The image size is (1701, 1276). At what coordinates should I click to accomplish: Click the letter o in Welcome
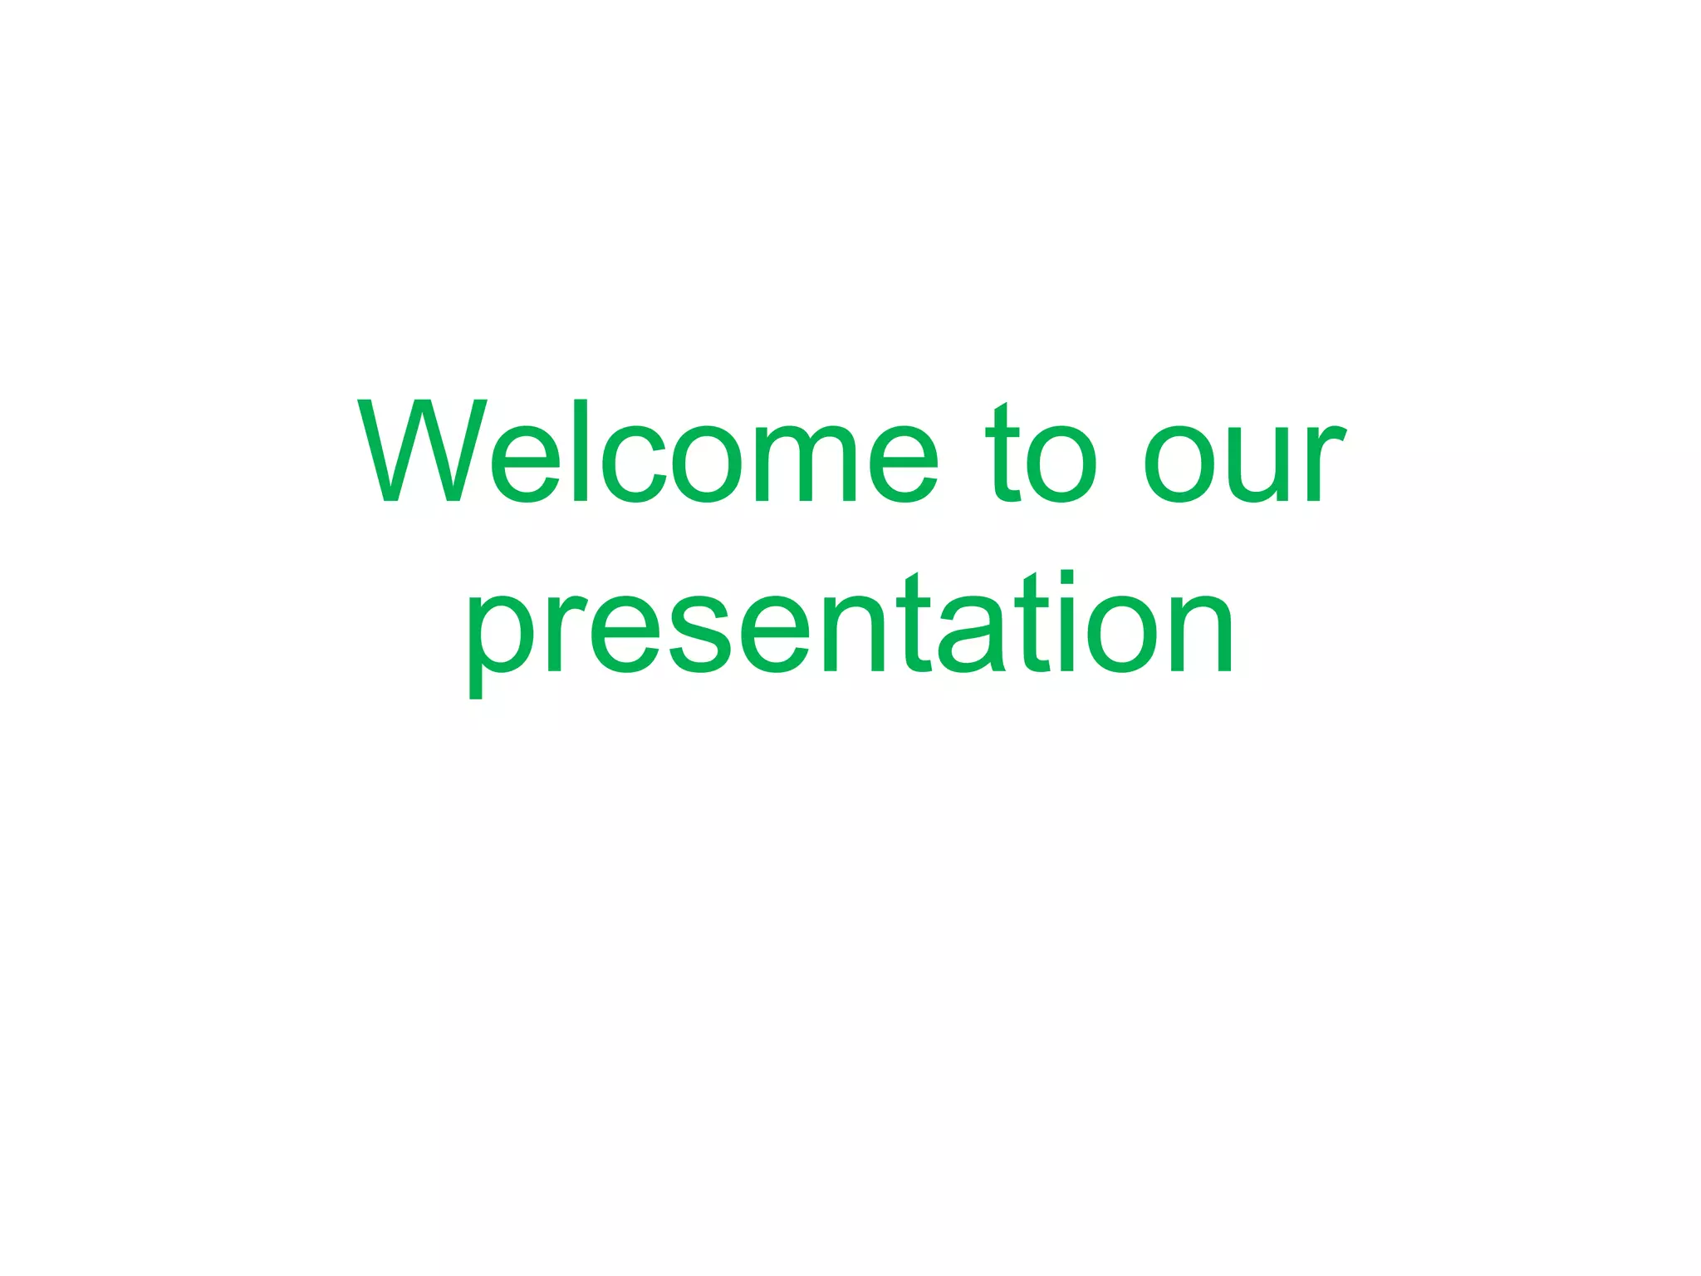(x=706, y=465)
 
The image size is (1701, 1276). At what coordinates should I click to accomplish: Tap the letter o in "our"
(x=1180, y=465)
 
